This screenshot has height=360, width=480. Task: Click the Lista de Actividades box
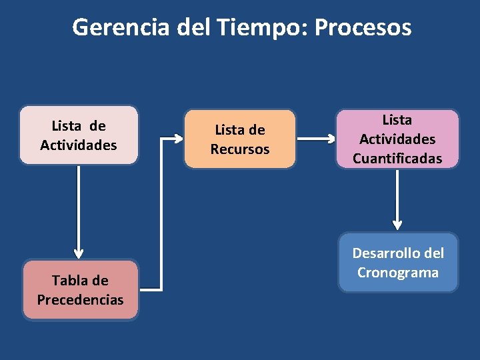coord(79,135)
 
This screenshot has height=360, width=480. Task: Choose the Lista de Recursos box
coord(240,139)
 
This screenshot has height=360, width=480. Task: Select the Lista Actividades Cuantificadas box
coord(397,139)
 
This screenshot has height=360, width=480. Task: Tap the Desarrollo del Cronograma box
coord(398,263)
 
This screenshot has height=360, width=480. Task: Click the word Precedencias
coord(80,300)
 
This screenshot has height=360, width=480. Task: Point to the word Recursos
coord(240,149)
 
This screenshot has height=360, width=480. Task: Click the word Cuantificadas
coord(397,159)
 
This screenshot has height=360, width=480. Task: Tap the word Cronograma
coord(398,273)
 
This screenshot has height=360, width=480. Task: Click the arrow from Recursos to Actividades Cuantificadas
coord(317,139)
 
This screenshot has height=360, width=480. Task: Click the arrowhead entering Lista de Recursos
coord(179,139)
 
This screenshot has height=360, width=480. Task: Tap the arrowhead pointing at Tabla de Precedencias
coord(79,253)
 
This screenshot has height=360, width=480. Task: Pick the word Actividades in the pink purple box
coord(397,139)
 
